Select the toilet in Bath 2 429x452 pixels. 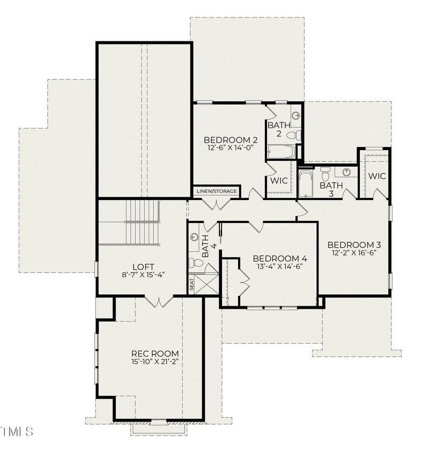(294, 135)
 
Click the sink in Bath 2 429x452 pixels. (295, 115)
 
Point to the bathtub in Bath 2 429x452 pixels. (282, 152)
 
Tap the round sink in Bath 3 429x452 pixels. (346, 172)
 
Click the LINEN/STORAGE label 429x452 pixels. (217, 191)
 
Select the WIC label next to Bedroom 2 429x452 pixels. (279, 181)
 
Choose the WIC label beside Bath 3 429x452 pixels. (376, 176)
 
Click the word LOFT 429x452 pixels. (143, 266)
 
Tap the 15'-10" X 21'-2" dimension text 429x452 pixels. (155, 361)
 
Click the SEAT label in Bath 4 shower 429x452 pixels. (191, 284)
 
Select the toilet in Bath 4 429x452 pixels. (197, 263)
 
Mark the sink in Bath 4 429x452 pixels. (194, 236)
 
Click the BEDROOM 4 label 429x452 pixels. (280, 257)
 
